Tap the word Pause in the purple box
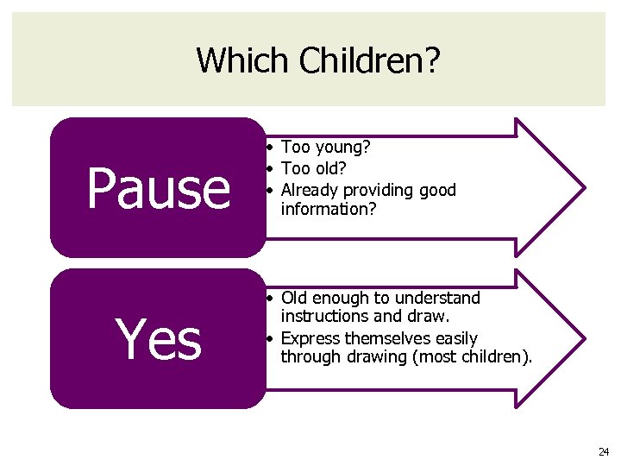159,188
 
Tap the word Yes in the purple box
159,339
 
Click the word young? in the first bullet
342,148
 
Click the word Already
310,189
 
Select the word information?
329,208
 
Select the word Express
310,337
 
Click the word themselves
388,337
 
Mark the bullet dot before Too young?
270,148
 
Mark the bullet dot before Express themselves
270,337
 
